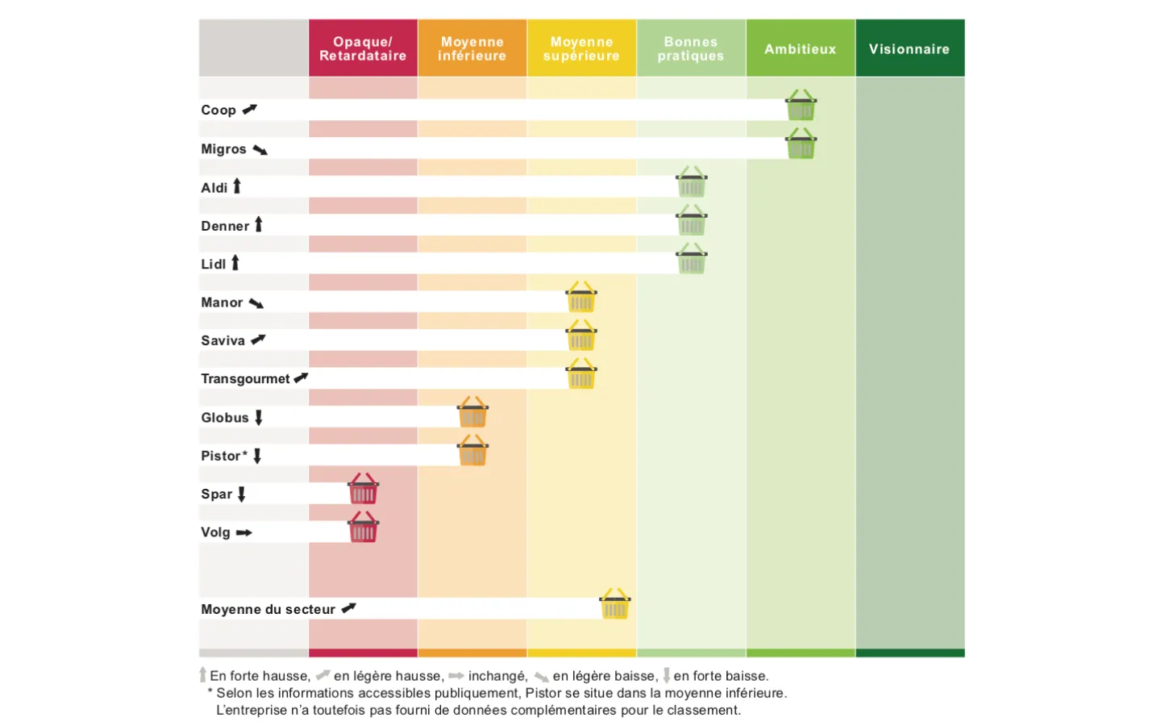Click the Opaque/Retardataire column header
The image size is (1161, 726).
tap(363, 48)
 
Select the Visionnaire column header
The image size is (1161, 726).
tap(909, 48)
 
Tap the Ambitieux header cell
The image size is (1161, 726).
tap(800, 48)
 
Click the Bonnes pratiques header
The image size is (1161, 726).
tap(691, 48)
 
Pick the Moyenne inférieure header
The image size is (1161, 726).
tap(472, 48)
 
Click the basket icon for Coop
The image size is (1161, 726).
tap(801, 106)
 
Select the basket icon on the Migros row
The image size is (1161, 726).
tap(801, 144)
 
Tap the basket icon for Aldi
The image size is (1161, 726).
tap(691, 183)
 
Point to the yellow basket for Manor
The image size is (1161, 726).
tap(581, 298)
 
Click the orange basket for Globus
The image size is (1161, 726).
tap(472, 413)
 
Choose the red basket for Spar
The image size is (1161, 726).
tap(363, 490)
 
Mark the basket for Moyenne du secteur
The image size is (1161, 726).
tap(615, 605)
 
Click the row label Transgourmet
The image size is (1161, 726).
tap(245, 379)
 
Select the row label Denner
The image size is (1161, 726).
tap(225, 226)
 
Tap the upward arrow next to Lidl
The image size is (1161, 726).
tap(235, 263)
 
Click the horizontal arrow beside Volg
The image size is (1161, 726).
tap(244, 532)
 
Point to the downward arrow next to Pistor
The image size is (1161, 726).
tap(257, 456)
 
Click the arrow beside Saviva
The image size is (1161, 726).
tap(258, 340)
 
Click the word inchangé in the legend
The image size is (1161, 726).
tap(497, 676)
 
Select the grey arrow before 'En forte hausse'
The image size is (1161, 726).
tap(203, 675)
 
